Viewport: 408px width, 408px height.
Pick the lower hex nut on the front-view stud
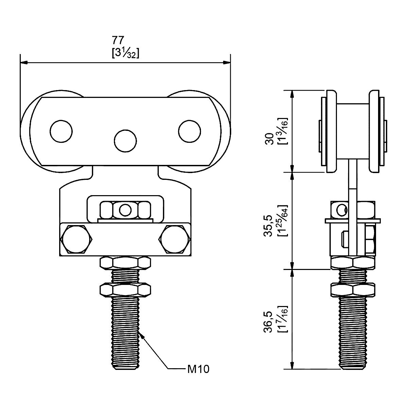[125, 290]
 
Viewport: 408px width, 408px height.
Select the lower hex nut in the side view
[354, 289]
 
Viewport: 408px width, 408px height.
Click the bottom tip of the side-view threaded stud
[354, 367]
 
